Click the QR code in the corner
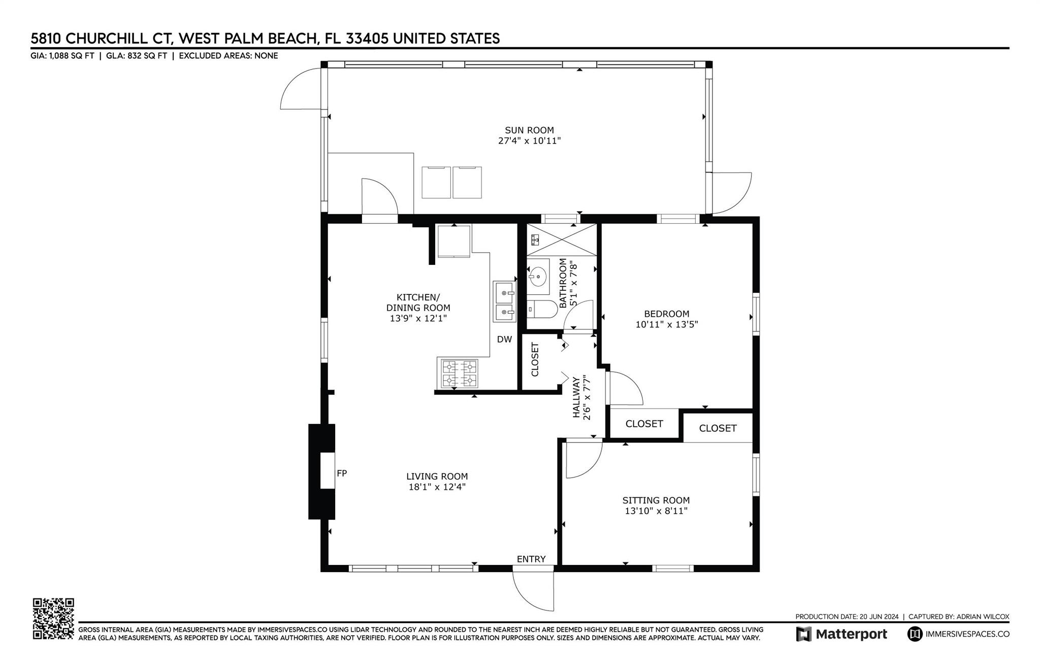point(53,619)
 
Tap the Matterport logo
point(841,634)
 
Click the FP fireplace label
point(342,473)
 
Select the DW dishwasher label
point(504,340)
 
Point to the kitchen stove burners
point(460,373)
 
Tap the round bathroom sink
point(537,277)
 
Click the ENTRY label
point(531,559)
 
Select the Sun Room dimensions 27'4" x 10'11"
point(529,141)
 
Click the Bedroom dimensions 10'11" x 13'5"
point(667,324)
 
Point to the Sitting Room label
point(656,500)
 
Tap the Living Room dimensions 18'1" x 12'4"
point(437,487)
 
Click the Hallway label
point(576,397)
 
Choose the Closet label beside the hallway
point(535,359)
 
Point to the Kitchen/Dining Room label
point(418,303)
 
